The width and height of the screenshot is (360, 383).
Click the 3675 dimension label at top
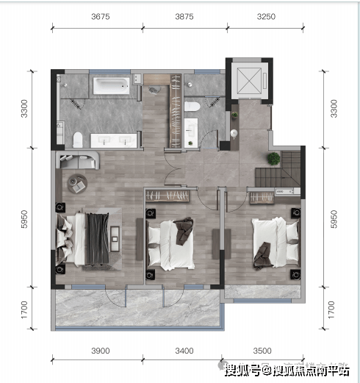(101, 17)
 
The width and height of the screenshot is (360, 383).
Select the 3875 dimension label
(184, 17)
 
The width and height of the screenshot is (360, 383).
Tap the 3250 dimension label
(266, 17)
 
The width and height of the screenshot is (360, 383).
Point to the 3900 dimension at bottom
(101, 351)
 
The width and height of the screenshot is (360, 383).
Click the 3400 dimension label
(184, 351)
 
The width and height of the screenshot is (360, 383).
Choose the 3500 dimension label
(262, 351)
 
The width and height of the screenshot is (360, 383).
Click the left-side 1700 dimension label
(24, 310)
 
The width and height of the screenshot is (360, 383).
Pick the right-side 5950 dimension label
(334, 219)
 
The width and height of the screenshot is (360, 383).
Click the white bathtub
(111, 86)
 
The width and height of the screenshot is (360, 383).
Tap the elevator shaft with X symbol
(249, 81)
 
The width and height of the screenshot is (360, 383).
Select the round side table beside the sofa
(77, 184)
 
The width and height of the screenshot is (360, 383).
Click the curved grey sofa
(78, 160)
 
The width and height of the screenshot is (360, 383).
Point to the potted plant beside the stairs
(273, 158)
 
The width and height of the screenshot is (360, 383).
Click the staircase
(278, 170)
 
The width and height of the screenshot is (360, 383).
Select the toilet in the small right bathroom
(192, 107)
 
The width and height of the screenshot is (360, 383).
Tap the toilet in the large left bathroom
(78, 140)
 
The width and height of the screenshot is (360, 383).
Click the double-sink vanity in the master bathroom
(114, 140)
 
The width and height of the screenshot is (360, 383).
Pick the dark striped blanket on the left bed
(98, 238)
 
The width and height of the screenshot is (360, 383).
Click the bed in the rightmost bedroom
(276, 243)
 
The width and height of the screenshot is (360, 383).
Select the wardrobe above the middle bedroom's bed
(168, 196)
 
